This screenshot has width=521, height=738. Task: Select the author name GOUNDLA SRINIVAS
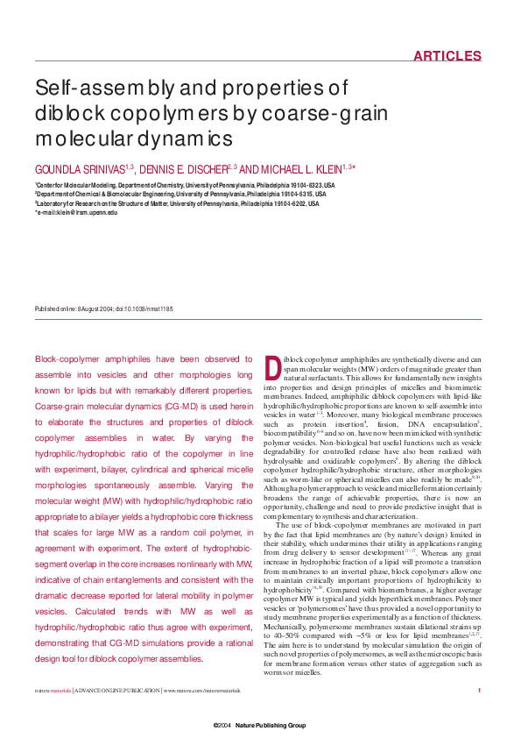pyautogui.click(x=79, y=168)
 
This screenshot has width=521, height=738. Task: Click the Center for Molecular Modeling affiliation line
pyautogui.click(x=184, y=186)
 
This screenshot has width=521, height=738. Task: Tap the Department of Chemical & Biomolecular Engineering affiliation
pyautogui.click(x=184, y=195)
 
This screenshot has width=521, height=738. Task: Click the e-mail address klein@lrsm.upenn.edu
pyautogui.click(x=80, y=212)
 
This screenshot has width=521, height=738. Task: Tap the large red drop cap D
pyautogui.click(x=272, y=367)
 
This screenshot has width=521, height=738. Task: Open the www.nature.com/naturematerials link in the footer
pyautogui.click(x=202, y=692)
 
